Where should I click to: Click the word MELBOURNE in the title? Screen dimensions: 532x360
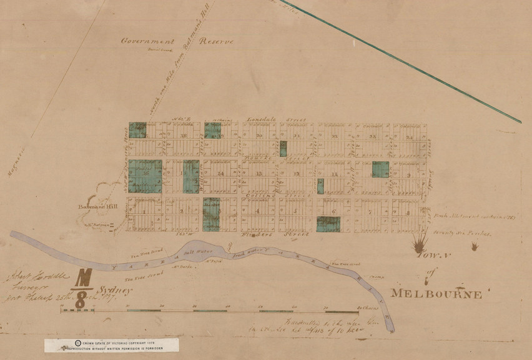click(436, 294)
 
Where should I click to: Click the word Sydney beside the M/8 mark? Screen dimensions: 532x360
click(115, 291)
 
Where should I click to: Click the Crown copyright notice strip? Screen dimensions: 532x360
click(111, 344)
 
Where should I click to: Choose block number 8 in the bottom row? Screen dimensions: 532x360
click(408, 212)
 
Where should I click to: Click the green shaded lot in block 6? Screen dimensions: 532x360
click(328, 224)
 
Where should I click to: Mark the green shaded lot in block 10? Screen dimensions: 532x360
click(380, 169)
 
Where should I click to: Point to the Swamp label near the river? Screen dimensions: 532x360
click(375, 273)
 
